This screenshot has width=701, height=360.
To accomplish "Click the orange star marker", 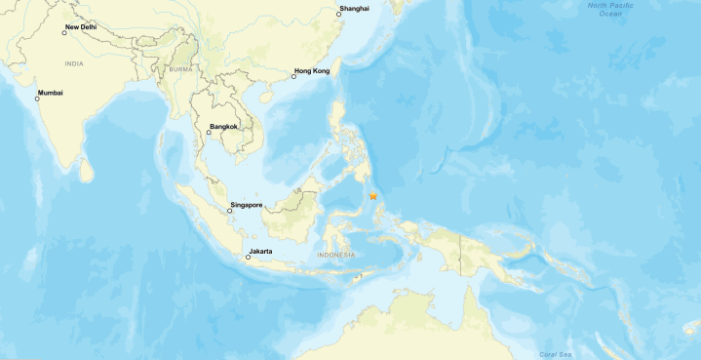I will coord(373,196).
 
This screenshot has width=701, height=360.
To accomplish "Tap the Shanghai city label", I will coord(354,9).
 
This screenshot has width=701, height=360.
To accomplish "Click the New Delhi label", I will coord(81,27).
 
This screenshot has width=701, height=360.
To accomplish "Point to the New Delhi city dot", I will coord(64,33).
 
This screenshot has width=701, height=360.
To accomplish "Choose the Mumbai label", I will coord(50,93).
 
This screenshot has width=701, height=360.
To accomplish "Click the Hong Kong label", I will coord(311,71).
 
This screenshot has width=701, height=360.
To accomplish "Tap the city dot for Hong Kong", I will coord(293,77).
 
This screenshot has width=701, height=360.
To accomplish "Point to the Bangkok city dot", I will coord(209,133).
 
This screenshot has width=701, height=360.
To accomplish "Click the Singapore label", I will coord(246,205).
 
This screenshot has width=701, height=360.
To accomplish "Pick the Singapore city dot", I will coord(229,211).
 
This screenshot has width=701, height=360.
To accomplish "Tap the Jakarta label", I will coord(260,252).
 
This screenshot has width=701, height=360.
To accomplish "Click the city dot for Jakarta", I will coord(248,258).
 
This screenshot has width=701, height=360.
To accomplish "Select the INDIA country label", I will coord(73,63).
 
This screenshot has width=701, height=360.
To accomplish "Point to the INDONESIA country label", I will coord(336,256).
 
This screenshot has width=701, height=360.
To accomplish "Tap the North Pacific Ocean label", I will coord(610,10).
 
